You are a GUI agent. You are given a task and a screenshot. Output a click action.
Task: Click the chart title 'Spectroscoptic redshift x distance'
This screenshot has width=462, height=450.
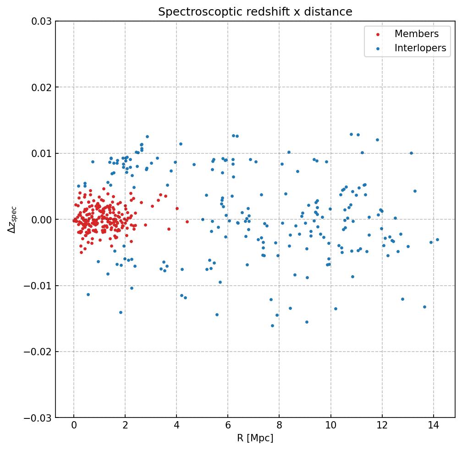click(255, 12)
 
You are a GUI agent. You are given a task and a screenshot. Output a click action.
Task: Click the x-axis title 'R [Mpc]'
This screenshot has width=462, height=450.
click(255, 438)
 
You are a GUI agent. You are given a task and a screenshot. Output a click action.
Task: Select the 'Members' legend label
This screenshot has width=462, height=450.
click(416, 34)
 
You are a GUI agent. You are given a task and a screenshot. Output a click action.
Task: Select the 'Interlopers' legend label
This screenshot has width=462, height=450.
click(420, 48)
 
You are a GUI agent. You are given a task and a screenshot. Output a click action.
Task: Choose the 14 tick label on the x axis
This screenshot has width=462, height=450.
click(433, 426)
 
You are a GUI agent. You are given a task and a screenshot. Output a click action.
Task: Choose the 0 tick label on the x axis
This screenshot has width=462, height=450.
click(74, 426)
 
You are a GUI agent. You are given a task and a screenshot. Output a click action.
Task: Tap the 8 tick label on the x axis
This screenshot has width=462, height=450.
click(279, 426)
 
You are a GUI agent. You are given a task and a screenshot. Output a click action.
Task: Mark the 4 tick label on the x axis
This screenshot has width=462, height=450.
click(176, 426)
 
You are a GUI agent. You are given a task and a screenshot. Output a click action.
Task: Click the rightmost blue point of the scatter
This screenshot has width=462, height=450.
click(437, 239)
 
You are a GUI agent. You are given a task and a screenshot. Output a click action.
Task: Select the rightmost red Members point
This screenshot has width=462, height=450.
click(187, 222)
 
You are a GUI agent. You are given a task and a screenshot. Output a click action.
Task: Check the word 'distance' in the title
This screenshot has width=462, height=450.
click(331, 12)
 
